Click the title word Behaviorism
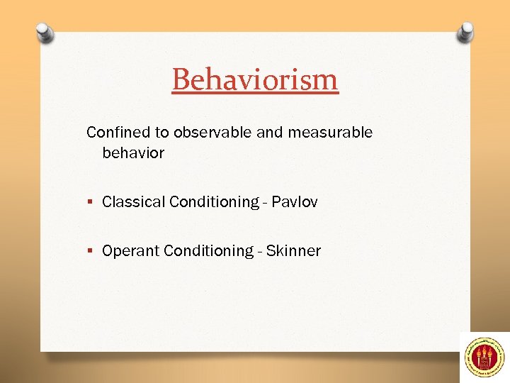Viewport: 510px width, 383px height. [x=255, y=79]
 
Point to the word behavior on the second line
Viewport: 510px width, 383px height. [x=133, y=153]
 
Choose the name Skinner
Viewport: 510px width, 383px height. [x=293, y=251]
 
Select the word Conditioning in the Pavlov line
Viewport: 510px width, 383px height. [x=215, y=202]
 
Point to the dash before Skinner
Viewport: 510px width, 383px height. [x=260, y=252]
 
